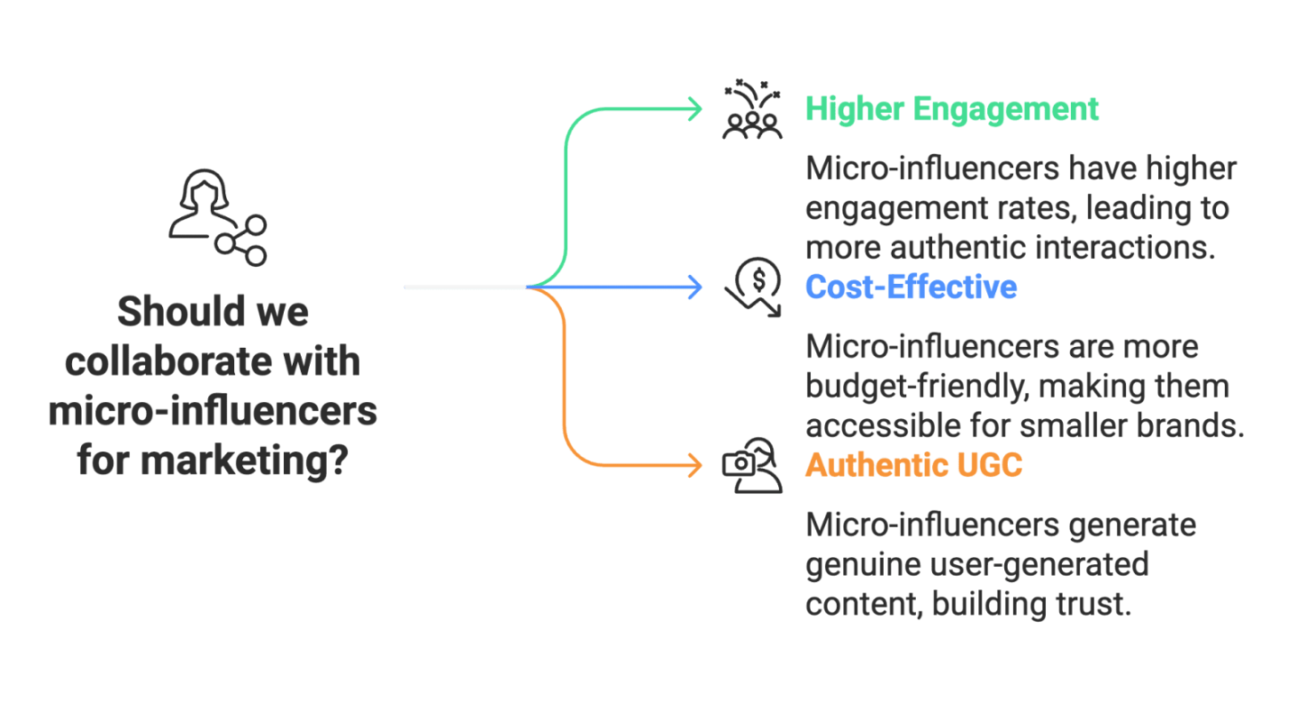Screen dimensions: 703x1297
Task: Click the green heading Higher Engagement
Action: (952, 109)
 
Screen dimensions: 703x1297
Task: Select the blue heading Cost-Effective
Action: (911, 287)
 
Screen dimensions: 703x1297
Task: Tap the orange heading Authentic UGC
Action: (913, 465)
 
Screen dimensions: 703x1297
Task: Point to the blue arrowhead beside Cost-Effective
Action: (696, 288)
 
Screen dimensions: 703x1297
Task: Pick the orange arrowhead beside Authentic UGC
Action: (696, 465)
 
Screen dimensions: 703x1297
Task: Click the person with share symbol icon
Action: (217, 216)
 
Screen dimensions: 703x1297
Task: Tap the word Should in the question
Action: (168, 312)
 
